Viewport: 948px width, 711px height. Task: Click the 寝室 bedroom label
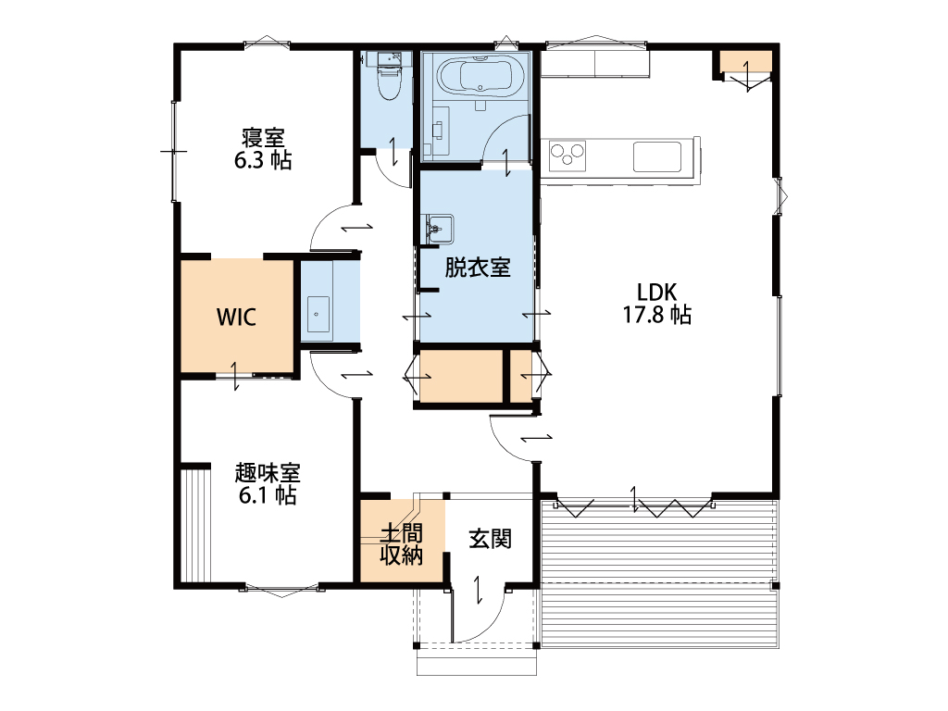pos(263,137)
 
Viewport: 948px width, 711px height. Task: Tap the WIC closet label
pos(236,317)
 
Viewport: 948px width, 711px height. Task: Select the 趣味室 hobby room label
pos(268,473)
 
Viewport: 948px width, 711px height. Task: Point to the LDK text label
pos(656,292)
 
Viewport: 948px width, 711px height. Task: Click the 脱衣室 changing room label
pos(478,268)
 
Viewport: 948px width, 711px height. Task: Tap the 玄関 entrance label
pos(491,539)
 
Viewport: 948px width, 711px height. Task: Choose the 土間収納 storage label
pos(402,543)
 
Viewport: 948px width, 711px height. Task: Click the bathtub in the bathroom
pos(481,76)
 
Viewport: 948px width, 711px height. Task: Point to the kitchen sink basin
pos(657,156)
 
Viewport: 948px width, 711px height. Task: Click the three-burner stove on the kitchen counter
pos(568,156)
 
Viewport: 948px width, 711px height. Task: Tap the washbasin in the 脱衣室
pos(439,230)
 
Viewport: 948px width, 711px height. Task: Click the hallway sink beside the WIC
pos(318,315)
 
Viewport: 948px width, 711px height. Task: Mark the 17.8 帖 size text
pos(657,315)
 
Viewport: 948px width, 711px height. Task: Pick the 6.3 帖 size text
pos(263,160)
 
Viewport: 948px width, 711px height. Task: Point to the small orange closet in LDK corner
pos(745,62)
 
